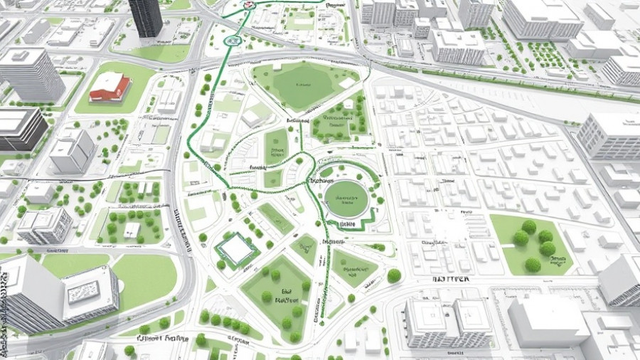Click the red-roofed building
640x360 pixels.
tap(110, 87)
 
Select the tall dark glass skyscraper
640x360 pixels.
tap(146, 18)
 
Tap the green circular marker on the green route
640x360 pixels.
tap(230, 42)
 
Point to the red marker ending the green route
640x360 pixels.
tap(247, 4)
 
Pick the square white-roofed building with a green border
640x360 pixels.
tap(236, 248)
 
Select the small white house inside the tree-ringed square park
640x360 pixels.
tap(132, 230)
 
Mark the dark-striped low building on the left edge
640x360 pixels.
tap(20, 128)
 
